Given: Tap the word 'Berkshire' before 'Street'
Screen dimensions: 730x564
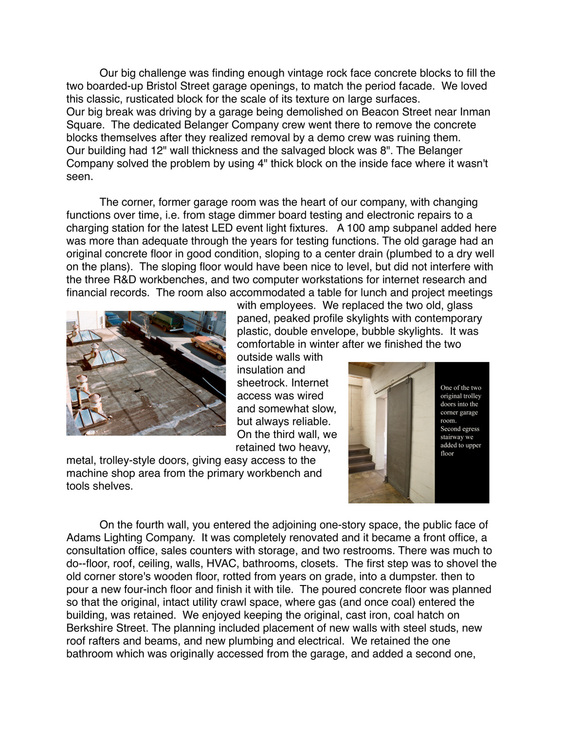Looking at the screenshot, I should (x=88, y=628).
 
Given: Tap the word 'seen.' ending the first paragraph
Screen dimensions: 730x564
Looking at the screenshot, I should (x=79, y=176).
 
